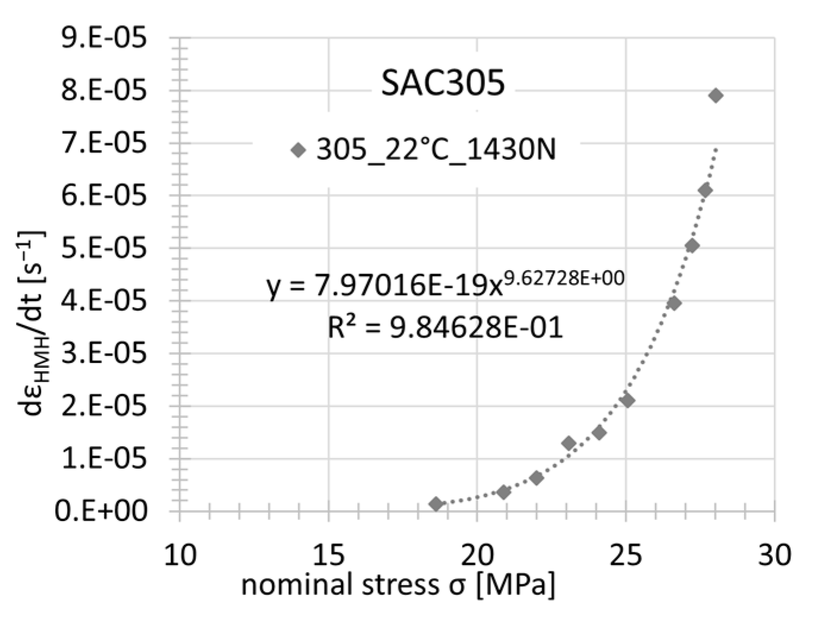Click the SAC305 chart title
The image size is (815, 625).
coord(443,83)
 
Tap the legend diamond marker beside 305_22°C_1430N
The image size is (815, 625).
coord(298,150)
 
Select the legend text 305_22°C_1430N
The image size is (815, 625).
coord(436,149)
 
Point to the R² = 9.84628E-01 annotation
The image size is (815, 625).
coord(445,327)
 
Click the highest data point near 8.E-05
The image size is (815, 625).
coord(716,95)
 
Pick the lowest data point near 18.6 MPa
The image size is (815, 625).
coord(436,504)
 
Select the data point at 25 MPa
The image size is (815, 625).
coord(627,400)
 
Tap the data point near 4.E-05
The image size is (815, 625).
coord(674,303)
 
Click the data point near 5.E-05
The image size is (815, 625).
coord(691,246)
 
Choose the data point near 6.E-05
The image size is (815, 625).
coord(705,190)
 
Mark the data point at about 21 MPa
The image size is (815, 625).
coord(504,492)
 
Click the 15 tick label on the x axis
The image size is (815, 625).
coord(328,554)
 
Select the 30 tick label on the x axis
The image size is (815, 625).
coord(774,554)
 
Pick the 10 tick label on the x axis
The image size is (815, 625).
coord(180,554)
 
